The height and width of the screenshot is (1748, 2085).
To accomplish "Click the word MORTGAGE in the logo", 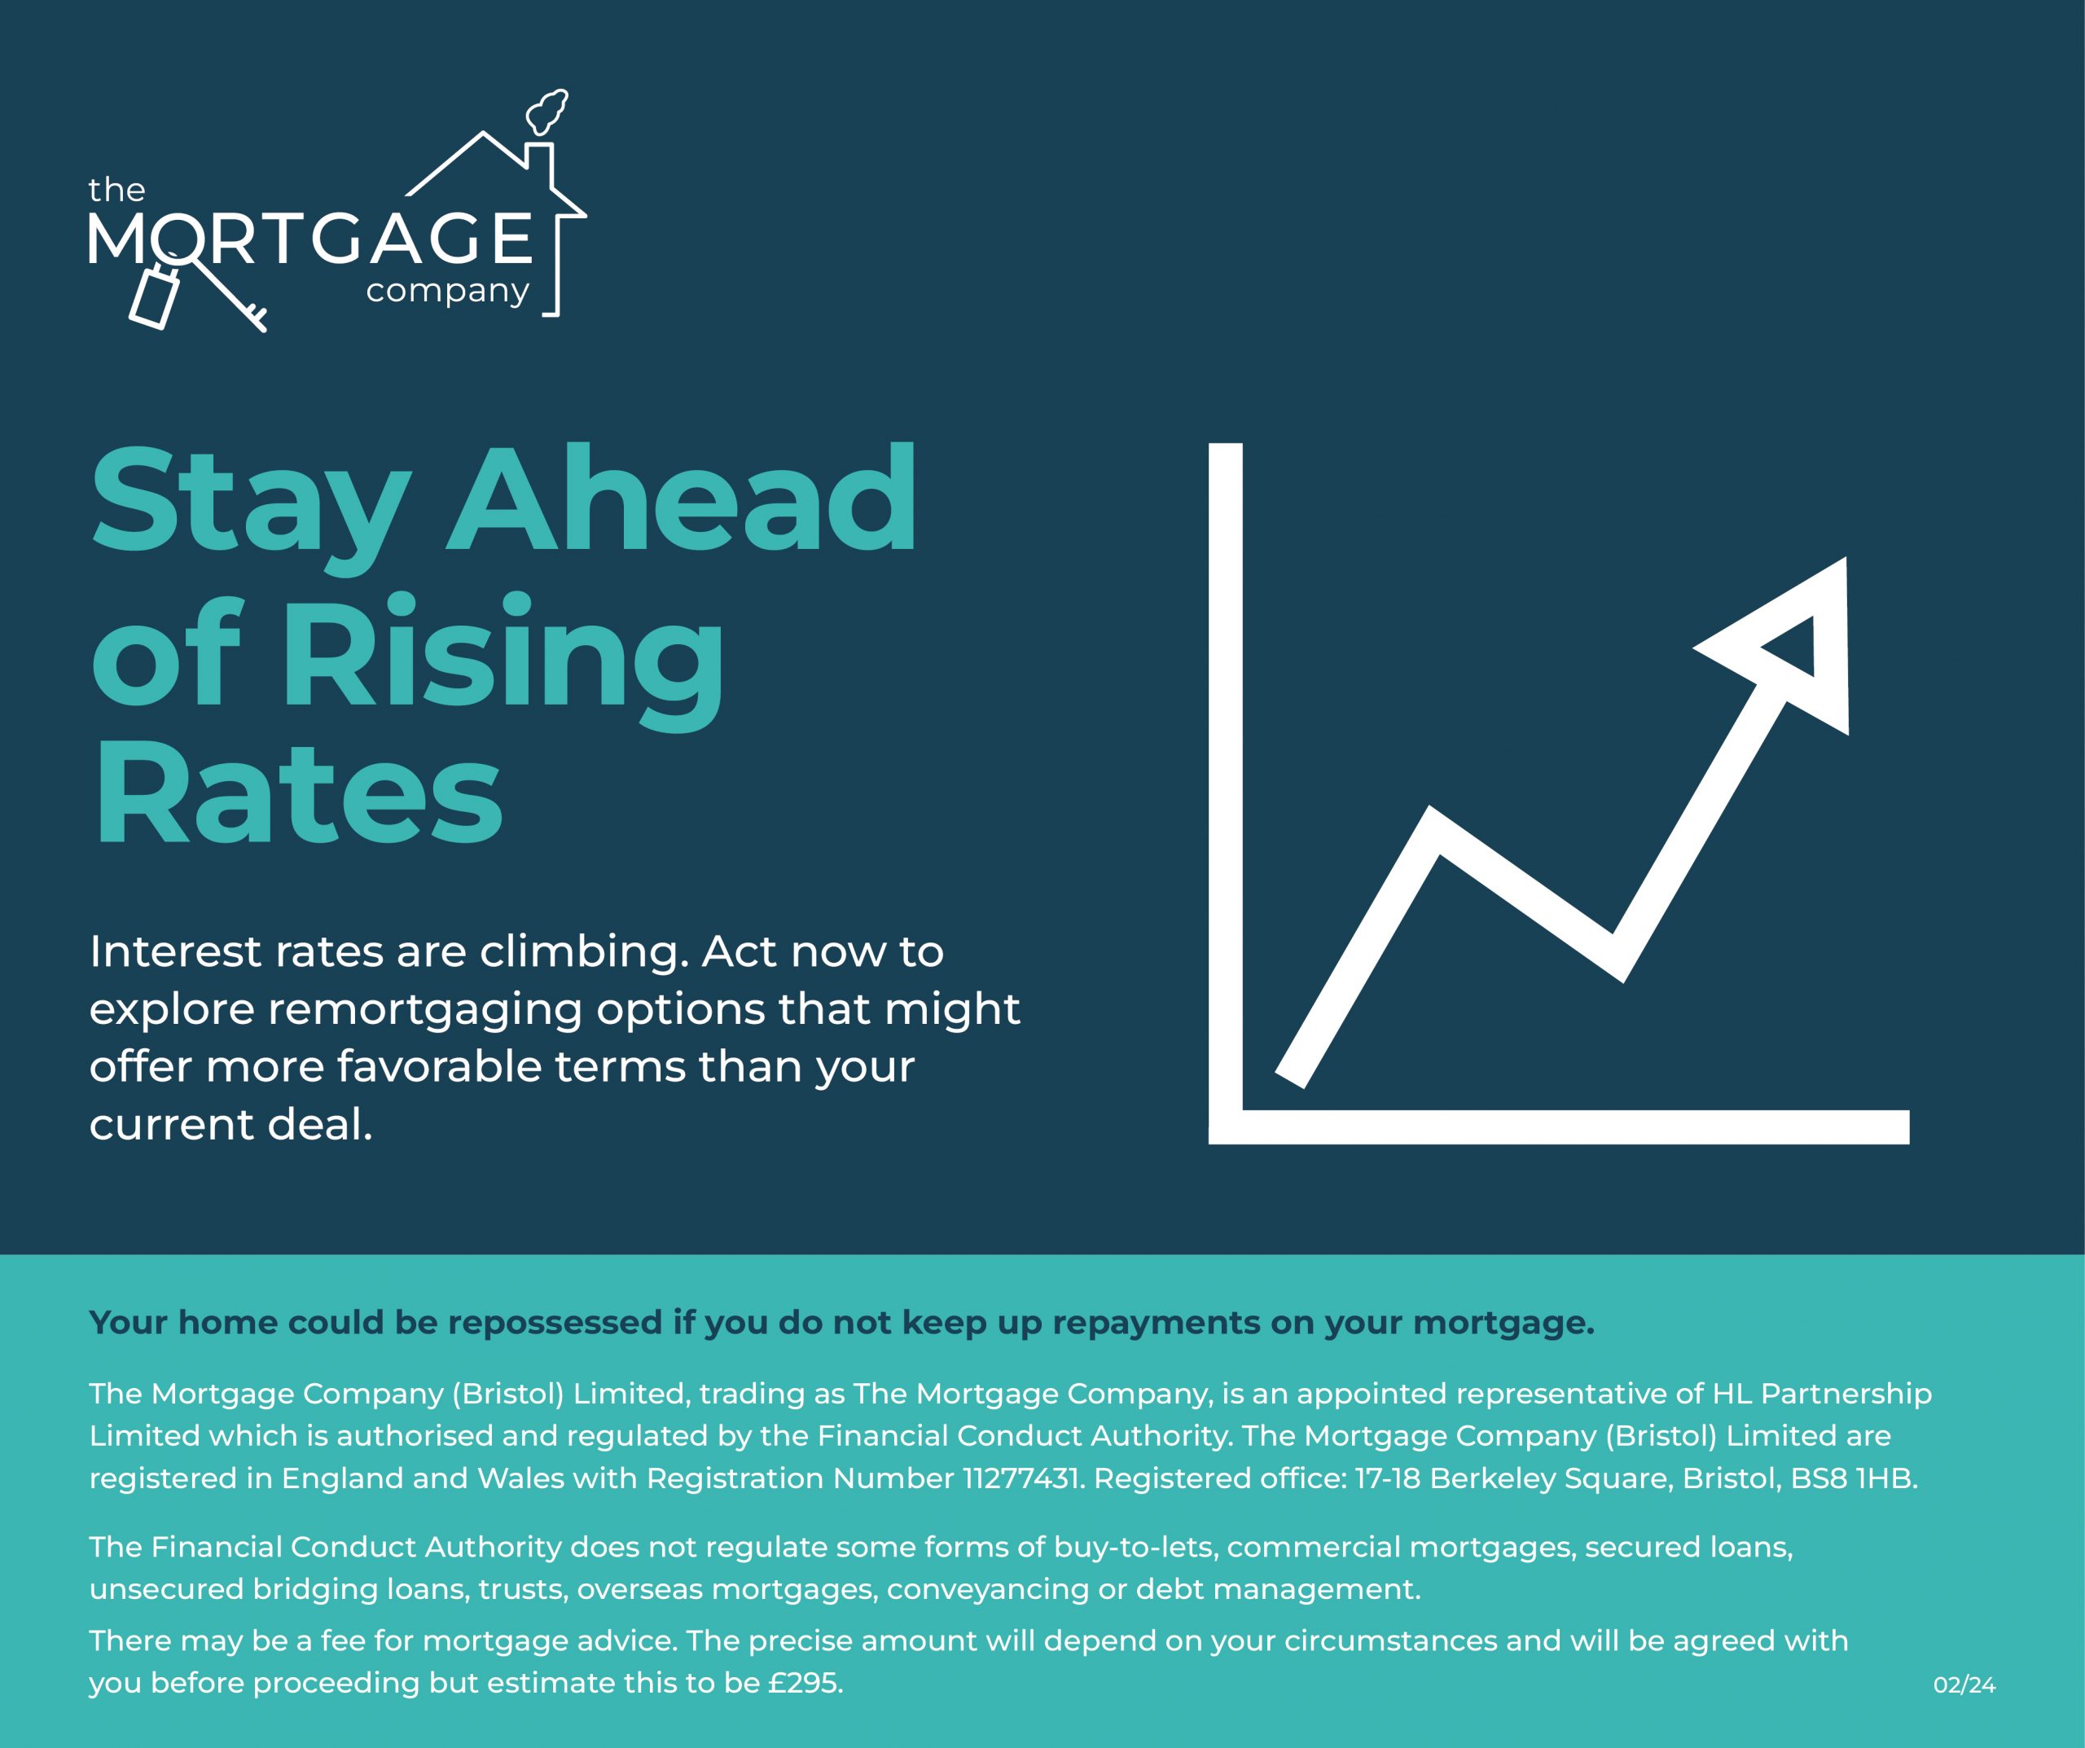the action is (311, 239).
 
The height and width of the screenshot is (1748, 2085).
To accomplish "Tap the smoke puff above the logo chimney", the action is (547, 112).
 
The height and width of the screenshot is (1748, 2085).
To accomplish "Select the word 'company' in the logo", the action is (448, 292).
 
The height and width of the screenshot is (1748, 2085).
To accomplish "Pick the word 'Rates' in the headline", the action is (298, 794).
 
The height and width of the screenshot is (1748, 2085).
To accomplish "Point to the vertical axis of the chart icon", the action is (1225, 793).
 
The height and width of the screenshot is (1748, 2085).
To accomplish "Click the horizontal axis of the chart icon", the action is (1559, 1127).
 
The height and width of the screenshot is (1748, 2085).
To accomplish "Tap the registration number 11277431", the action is (1021, 1479).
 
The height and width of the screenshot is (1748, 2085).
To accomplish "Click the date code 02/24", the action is (1964, 1684).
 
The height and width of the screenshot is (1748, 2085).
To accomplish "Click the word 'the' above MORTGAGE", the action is (116, 189).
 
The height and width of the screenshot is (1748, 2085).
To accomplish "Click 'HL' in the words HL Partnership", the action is (1732, 1394).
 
